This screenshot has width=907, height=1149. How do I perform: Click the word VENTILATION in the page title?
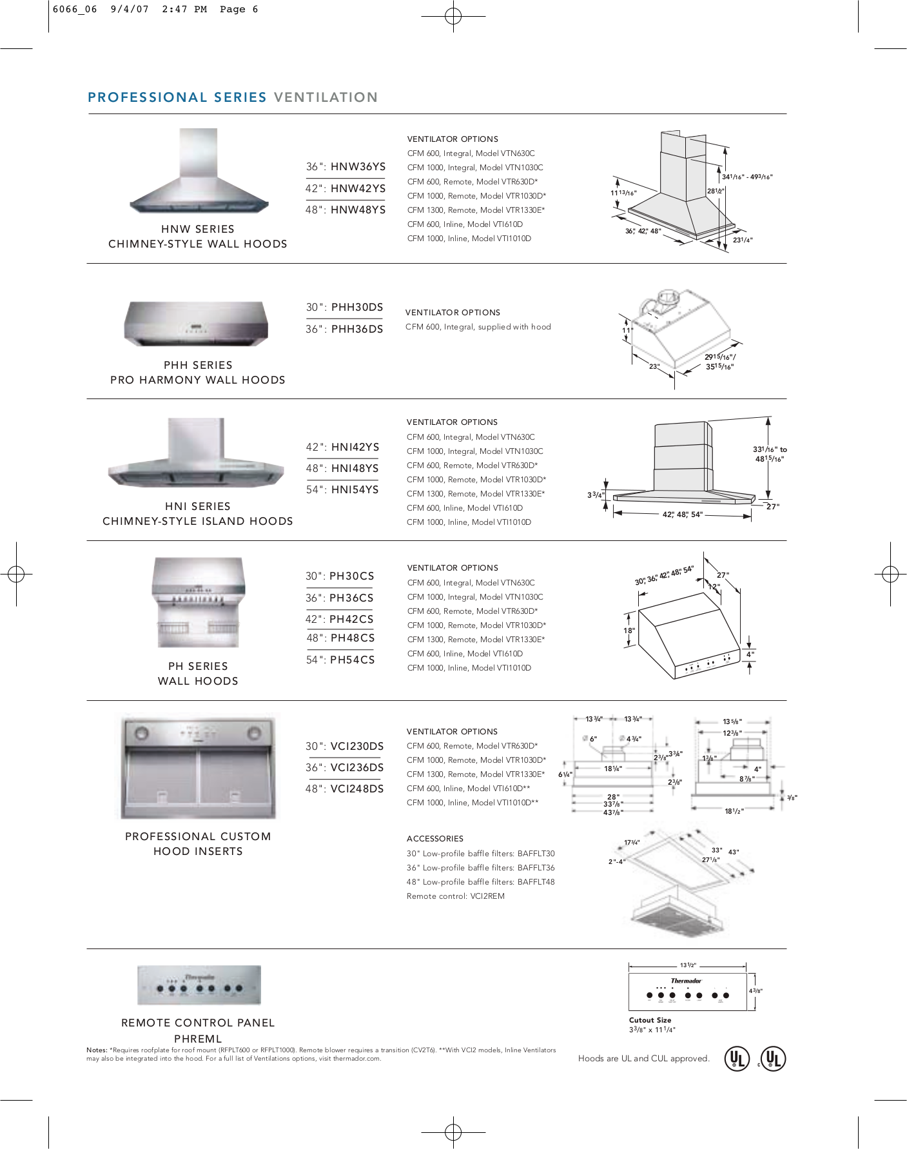pos(326,97)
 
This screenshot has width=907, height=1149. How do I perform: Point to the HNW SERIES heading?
pos(198,229)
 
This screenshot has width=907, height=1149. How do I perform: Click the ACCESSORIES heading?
pos(435,839)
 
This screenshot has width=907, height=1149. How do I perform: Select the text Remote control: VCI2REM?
pos(455,896)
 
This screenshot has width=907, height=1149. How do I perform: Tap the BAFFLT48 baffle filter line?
pos(480,882)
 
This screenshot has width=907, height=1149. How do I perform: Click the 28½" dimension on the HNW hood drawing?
pos(716,191)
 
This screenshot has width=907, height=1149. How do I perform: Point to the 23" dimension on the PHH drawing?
pos(654,366)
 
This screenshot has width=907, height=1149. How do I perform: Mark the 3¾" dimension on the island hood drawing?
pos(594,495)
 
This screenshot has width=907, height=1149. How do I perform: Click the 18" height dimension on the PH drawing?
pos(629,631)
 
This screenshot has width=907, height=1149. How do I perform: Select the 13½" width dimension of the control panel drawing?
pos(688,965)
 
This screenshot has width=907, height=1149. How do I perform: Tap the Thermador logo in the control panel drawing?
pos(686,981)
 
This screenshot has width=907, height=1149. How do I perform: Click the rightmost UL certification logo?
pos(773,1058)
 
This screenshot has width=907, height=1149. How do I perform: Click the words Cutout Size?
pos(650,1020)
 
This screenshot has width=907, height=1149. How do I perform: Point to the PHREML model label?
pos(198,1039)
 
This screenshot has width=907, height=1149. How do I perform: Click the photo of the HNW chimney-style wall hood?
pos(199,171)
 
